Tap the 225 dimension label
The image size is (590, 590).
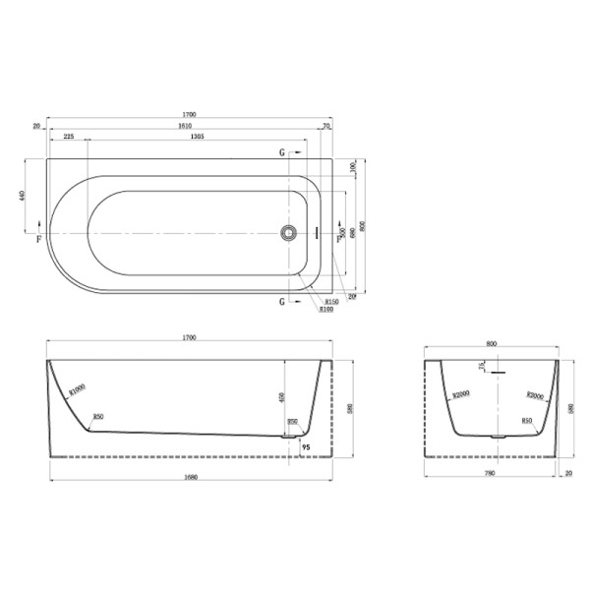click(x=69, y=139)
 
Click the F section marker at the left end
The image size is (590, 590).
click(x=39, y=239)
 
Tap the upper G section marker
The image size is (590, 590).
click(x=283, y=154)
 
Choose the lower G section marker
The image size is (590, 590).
click(x=283, y=301)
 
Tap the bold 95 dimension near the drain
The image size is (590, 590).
click(x=306, y=447)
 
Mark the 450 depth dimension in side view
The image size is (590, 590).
click(x=284, y=398)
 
